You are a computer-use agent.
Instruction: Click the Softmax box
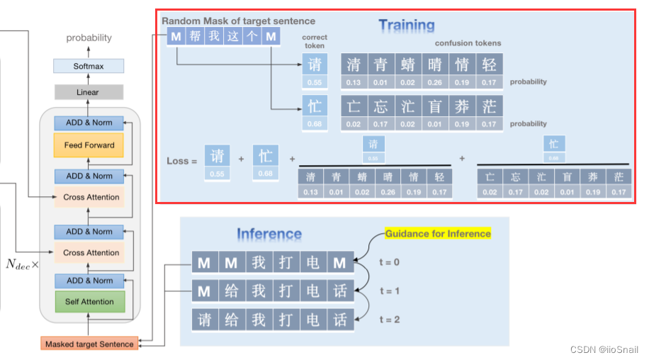tap(89, 66)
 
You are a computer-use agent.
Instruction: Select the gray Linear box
tap(89, 92)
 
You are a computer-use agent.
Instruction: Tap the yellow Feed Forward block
tap(89, 145)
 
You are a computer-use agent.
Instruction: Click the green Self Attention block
tap(89, 301)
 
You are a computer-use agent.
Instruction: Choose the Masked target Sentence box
tap(89, 344)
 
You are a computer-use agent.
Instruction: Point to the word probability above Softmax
tap(89, 38)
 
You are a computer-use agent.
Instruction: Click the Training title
tap(406, 26)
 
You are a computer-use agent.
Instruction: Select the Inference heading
tap(269, 234)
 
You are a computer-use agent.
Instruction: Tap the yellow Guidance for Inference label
tap(438, 233)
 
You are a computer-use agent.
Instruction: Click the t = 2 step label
tap(390, 320)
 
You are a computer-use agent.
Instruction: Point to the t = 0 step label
tap(390, 262)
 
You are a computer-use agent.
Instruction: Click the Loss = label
tap(182, 161)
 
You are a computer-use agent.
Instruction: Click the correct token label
tap(315, 40)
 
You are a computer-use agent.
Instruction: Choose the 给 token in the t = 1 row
tap(231, 291)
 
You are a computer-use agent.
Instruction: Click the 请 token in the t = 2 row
tap(204, 319)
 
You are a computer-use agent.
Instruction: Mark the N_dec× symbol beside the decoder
tap(22, 264)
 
